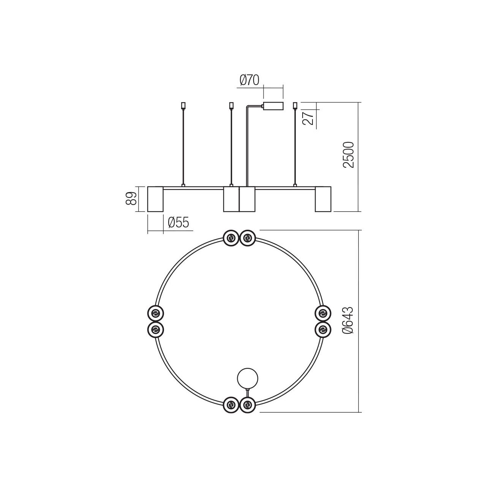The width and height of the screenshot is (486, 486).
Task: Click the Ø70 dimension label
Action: [x=249, y=80]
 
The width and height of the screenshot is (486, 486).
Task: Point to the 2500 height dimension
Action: [x=349, y=155]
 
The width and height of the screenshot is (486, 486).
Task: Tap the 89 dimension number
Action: [x=131, y=199]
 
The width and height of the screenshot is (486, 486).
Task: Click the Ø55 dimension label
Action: [x=178, y=222]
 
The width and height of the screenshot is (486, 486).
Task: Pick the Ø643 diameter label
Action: [x=349, y=320]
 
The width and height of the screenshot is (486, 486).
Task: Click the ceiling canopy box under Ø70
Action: [x=273, y=106]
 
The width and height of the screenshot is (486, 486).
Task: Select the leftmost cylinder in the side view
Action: [x=155, y=199]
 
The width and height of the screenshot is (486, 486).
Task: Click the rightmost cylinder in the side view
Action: [x=323, y=199]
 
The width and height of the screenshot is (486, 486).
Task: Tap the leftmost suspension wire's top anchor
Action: [x=183, y=105]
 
